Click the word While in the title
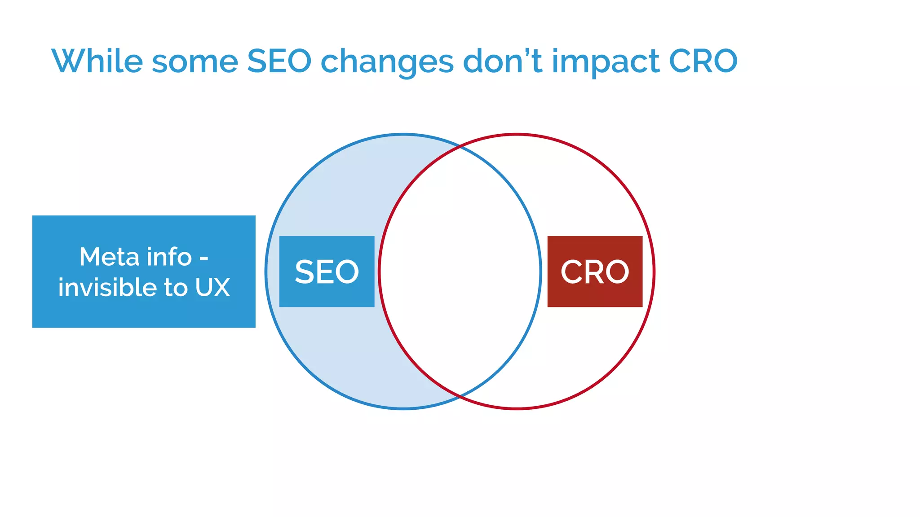click(97, 61)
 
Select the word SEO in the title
click(279, 61)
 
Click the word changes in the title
click(387, 63)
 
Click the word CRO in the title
click(703, 61)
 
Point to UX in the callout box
click(212, 287)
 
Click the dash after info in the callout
click(203, 259)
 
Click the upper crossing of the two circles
click(460, 146)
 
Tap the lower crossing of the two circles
click(460, 397)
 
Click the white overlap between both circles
click(460, 271)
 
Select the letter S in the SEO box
click(304, 272)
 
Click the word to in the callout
click(176, 287)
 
